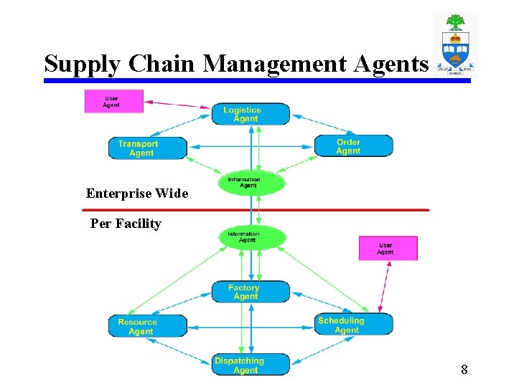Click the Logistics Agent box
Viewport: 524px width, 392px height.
point(251,114)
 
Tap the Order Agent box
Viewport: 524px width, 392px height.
point(353,146)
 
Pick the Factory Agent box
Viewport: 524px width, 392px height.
point(251,292)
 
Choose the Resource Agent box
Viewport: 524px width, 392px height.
point(147,326)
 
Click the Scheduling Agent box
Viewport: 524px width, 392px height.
point(353,325)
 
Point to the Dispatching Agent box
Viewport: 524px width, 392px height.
point(251,365)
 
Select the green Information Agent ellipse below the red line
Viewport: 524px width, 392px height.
point(251,236)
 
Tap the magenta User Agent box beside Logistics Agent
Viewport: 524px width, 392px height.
point(113,101)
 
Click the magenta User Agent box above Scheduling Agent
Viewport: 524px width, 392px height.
point(388,248)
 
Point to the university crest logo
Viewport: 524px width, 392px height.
point(455,44)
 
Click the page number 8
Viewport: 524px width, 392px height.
point(464,370)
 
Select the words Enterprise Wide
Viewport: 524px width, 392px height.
point(137,193)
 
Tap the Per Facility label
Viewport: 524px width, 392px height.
point(126,224)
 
